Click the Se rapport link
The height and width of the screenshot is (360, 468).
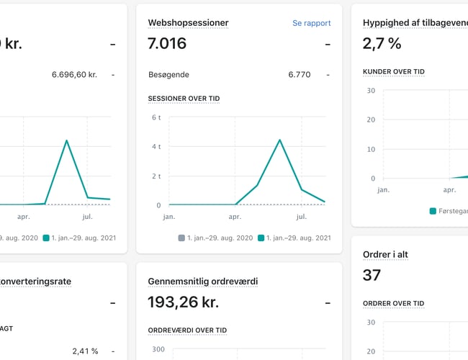311,23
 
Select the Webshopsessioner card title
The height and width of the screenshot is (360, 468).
188,23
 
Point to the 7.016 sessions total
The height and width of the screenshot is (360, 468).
167,44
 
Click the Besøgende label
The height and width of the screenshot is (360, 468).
168,74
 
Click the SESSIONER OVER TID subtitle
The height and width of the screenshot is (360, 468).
183,98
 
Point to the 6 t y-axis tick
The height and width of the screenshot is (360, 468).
156,117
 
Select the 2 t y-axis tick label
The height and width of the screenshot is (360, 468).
156,176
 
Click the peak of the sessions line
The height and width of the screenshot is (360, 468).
279,140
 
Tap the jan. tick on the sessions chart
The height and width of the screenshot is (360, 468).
169,216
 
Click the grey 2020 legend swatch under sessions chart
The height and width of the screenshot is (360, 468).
181,238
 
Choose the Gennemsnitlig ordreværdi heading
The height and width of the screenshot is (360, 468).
202,282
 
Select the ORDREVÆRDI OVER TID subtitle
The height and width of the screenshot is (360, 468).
187,330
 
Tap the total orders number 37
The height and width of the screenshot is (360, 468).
372,275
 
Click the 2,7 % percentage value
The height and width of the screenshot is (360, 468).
382,44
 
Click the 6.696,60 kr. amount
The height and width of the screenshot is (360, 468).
74,74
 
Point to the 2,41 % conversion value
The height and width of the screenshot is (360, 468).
85,351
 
